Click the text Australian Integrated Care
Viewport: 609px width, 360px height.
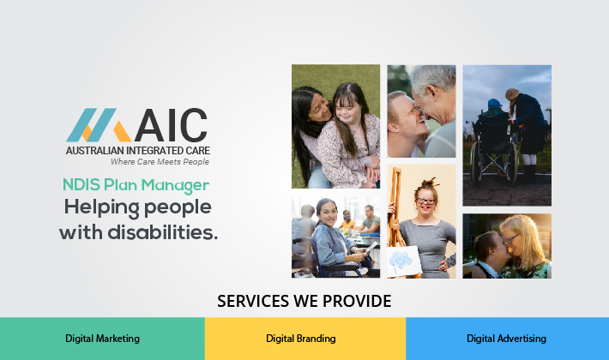click(137, 149)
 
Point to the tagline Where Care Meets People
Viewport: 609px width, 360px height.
click(160, 161)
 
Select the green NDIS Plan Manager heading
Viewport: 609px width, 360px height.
click(136, 184)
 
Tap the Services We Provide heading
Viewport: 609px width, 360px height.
click(304, 302)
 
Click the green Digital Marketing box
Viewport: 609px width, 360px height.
click(102, 339)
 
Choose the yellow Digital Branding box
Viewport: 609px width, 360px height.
click(304, 339)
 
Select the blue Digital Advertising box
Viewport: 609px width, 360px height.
click(507, 339)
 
